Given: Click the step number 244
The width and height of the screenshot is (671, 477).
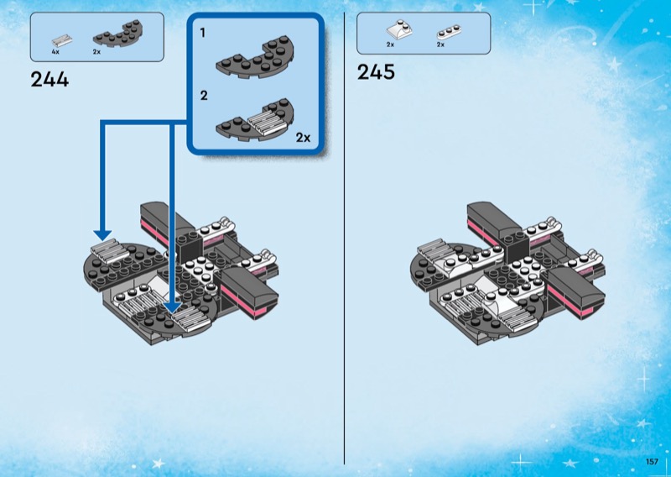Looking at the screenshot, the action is click(49, 80).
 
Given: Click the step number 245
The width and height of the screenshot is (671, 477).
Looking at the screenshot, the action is click(376, 71).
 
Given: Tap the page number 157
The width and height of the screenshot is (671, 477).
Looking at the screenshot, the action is click(652, 462).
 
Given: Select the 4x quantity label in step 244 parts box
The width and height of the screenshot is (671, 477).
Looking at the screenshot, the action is click(56, 52).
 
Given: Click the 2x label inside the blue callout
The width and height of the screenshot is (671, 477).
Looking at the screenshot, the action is click(303, 137).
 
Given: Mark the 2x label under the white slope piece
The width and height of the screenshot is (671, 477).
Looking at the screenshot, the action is click(390, 45).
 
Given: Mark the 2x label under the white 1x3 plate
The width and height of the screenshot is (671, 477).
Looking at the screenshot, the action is click(440, 45).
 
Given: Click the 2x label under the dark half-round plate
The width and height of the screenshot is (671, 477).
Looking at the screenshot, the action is click(96, 52).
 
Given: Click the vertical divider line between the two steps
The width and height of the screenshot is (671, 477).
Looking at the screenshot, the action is click(345, 252).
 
